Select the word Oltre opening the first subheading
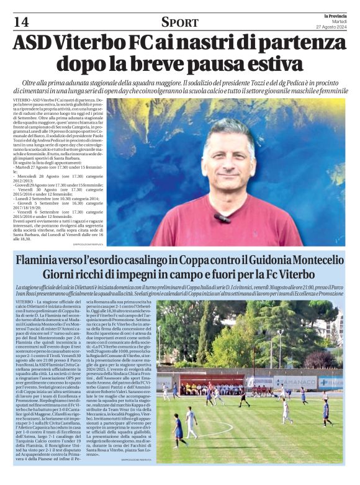[x=30, y=83]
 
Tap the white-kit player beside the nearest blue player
[x=191, y=422]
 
